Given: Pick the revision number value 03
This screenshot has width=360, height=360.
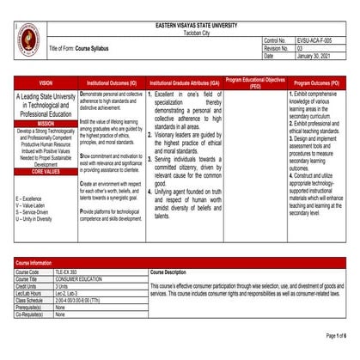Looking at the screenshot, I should (x=300, y=48).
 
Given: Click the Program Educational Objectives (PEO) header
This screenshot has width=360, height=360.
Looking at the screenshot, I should (x=255, y=82).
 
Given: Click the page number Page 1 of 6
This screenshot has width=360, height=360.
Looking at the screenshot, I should (x=336, y=335).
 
